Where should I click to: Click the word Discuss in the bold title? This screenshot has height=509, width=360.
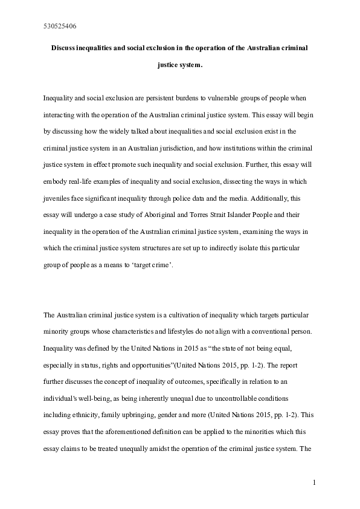[66, 47]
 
